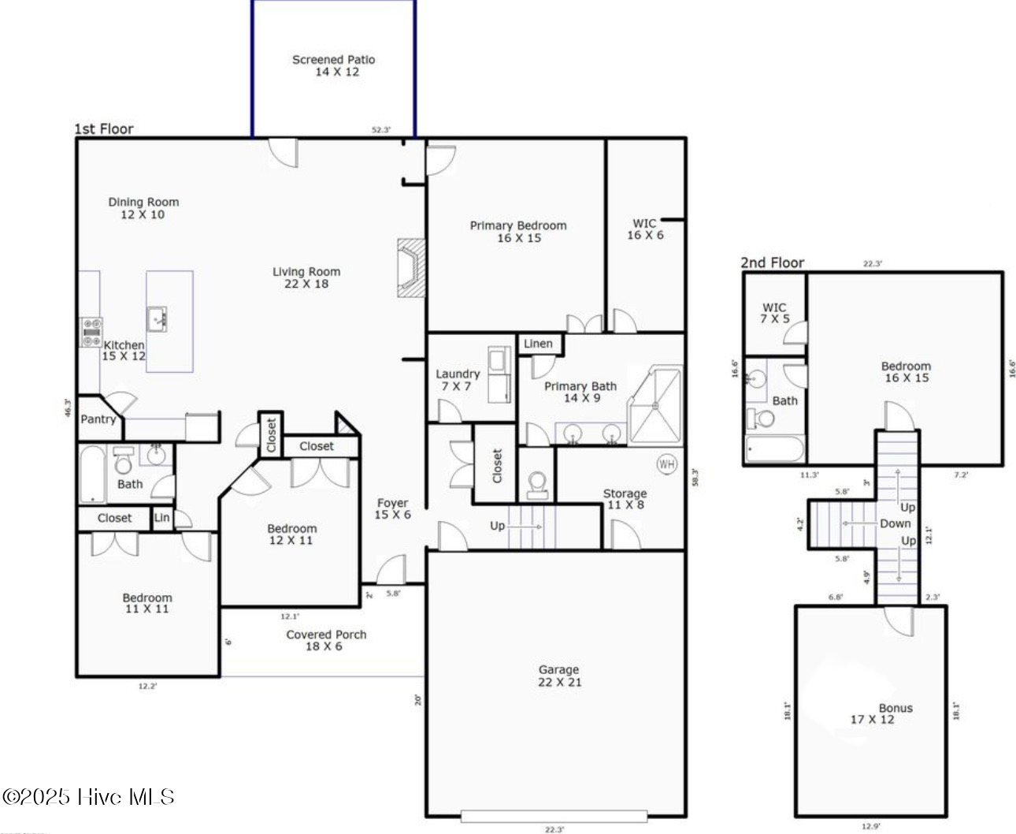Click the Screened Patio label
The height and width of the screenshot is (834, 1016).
pyautogui.click(x=334, y=65)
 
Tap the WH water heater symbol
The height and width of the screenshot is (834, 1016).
pyautogui.click(x=666, y=464)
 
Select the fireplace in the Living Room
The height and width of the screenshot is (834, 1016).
pyautogui.click(x=410, y=267)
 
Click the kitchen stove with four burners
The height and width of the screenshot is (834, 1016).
pyautogui.click(x=91, y=332)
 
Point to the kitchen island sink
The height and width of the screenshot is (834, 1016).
pyautogui.click(x=157, y=318)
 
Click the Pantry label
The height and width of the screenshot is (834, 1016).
pyautogui.click(x=98, y=419)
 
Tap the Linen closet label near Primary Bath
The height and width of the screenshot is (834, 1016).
pyautogui.click(x=538, y=344)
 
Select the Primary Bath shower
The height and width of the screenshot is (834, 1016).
pyautogui.click(x=654, y=405)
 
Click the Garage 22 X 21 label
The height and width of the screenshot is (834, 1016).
pyautogui.click(x=559, y=676)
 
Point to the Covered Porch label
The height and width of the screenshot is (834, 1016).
pyautogui.click(x=326, y=640)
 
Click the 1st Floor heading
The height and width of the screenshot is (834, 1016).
pyautogui.click(x=104, y=128)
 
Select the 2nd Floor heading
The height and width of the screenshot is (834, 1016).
pyautogui.click(x=772, y=262)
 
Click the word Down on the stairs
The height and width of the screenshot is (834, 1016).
pyautogui.click(x=895, y=523)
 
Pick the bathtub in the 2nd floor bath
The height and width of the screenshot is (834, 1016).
pyautogui.click(x=774, y=449)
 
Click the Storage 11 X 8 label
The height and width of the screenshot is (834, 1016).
pyautogui.click(x=625, y=499)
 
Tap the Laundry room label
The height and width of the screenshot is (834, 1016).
pyautogui.click(x=458, y=380)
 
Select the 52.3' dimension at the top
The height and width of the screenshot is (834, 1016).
pyautogui.click(x=381, y=130)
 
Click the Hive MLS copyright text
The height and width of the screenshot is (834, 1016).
pyautogui.click(x=88, y=797)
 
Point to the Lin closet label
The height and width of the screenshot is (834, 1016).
pyautogui.click(x=161, y=518)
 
